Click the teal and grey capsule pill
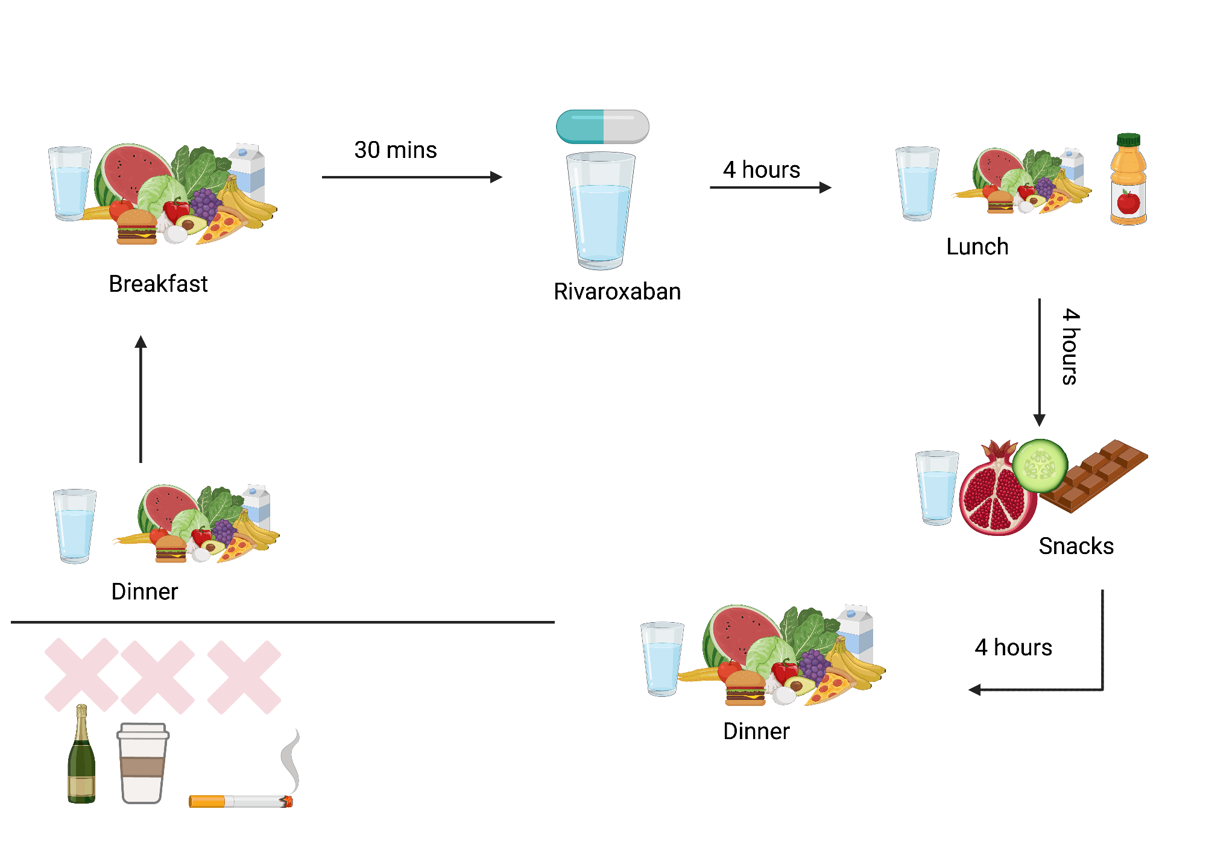[602, 127]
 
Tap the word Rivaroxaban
[617, 292]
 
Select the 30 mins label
[395, 150]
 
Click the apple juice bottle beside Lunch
[1128, 181]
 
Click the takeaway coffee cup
[143, 763]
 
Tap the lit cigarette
[241, 801]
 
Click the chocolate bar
[1094, 476]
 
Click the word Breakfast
[158, 284]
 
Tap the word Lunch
[977, 247]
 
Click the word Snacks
[1076, 546]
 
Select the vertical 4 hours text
[1070, 347]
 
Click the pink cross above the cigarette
[244, 677]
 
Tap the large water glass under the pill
[601, 211]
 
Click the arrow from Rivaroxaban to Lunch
[771, 187]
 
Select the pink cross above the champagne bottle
[81, 675]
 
